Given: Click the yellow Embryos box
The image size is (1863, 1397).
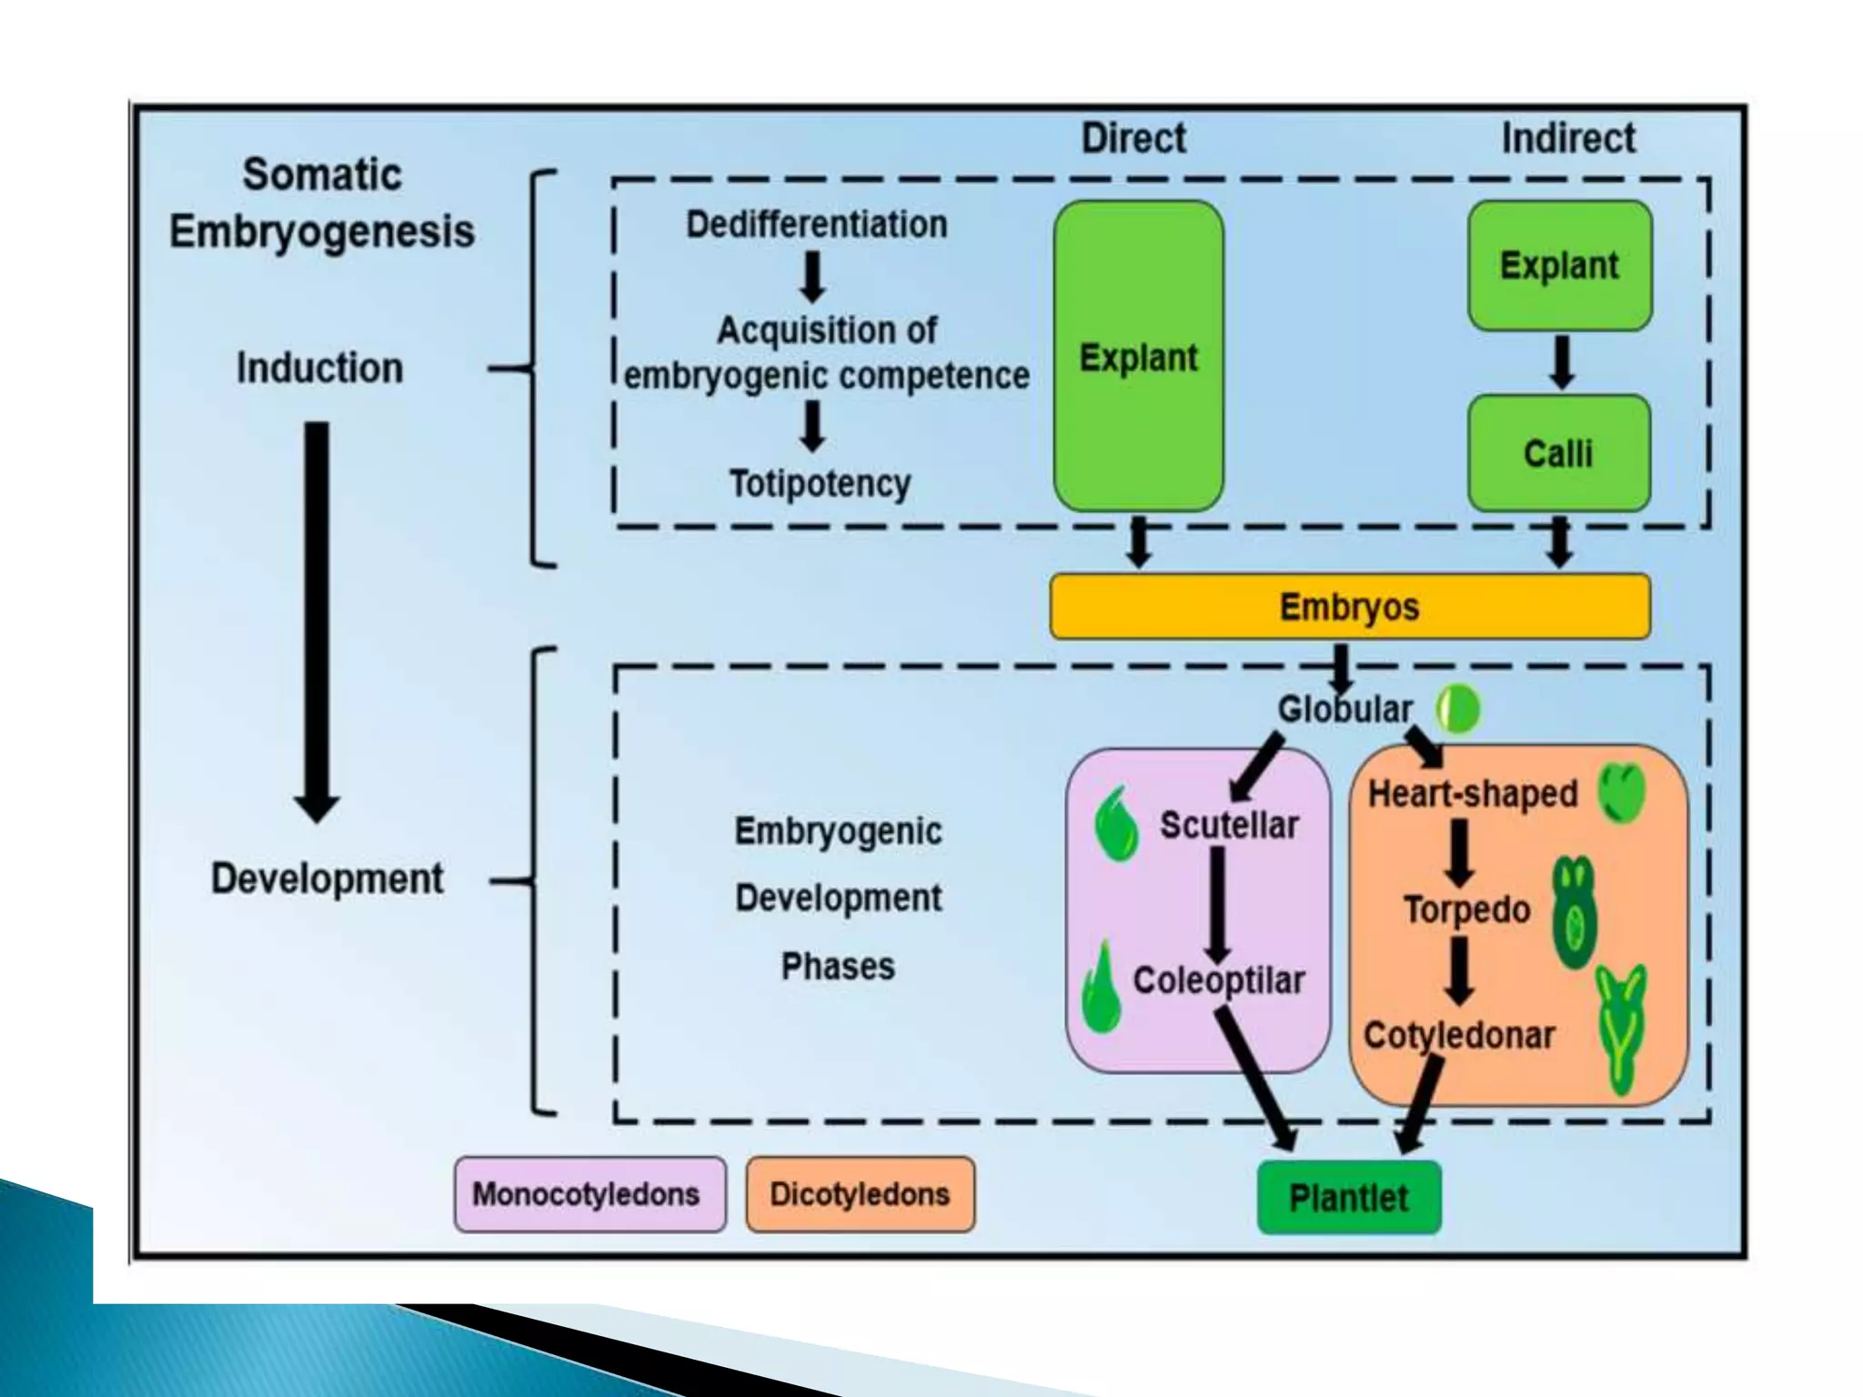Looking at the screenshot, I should tap(1349, 607).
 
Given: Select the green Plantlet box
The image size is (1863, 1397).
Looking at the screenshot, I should tap(1348, 1198).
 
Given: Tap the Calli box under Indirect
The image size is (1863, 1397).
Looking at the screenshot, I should tap(1558, 453).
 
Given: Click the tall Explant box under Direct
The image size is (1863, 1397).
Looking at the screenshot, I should tap(1138, 357).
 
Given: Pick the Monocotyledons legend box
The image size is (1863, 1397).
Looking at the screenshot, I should tap(589, 1194).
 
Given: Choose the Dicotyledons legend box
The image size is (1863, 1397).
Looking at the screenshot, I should tap(860, 1194).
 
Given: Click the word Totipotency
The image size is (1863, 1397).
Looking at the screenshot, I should tap(820, 483).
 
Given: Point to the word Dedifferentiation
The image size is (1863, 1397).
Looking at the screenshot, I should tap(816, 225).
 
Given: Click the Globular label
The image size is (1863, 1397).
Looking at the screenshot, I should tap(1344, 709).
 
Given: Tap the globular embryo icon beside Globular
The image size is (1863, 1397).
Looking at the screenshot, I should tap(1458, 709).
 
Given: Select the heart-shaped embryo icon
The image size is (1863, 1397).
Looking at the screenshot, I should tap(1622, 791).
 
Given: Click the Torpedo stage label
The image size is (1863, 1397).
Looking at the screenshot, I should tap(1466, 910).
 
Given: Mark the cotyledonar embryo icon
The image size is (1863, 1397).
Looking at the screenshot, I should tap(1621, 1028).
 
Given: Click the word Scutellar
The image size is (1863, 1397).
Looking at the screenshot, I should tap(1229, 826).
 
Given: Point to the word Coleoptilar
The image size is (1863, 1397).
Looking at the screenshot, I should tap(1218, 980).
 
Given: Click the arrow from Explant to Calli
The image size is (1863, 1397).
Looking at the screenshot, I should tap(1561, 362).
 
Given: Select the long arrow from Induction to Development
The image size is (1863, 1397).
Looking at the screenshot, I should tap(317, 618).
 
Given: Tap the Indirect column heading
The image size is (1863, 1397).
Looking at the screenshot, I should tap(1567, 139).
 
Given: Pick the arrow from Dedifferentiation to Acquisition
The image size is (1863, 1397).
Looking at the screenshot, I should tap(812, 276).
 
